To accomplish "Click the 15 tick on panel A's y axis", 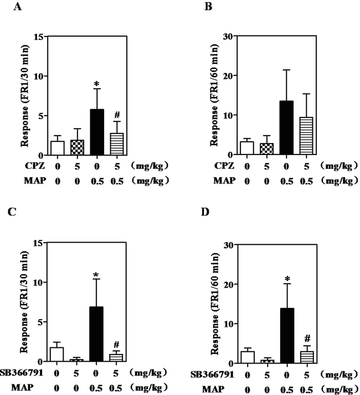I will point(39,37).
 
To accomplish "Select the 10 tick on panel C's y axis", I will point(39,284).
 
